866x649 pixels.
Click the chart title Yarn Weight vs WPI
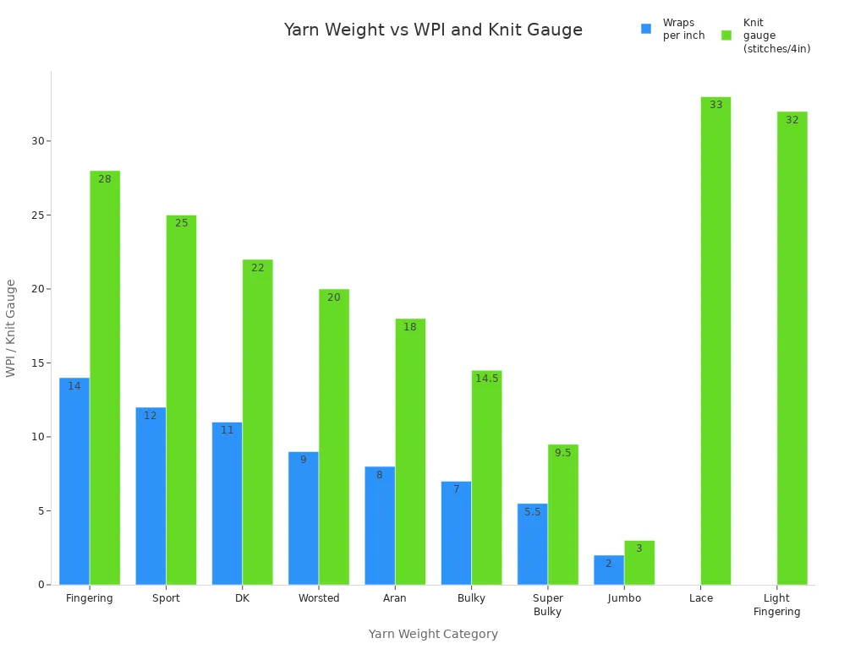click(433, 30)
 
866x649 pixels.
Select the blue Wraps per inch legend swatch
click(646, 29)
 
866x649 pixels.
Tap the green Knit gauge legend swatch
click(726, 35)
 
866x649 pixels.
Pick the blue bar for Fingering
click(74, 481)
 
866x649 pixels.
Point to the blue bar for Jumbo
click(608, 570)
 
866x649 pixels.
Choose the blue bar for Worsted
click(303, 518)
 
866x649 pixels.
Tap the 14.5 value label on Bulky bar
click(486, 379)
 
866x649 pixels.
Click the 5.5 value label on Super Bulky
click(532, 512)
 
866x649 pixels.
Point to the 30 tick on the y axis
click(38, 141)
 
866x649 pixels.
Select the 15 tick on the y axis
click(38, 363)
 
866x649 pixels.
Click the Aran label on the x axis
click(394, 598)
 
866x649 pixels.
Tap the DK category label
click(242, 598)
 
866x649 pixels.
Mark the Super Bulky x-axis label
click(547, 604)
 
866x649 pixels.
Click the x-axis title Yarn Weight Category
click(433, 634)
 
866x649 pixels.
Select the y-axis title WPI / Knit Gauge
click(11, 328)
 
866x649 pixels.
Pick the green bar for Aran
click(410, 451)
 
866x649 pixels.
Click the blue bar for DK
click(227, 504)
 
